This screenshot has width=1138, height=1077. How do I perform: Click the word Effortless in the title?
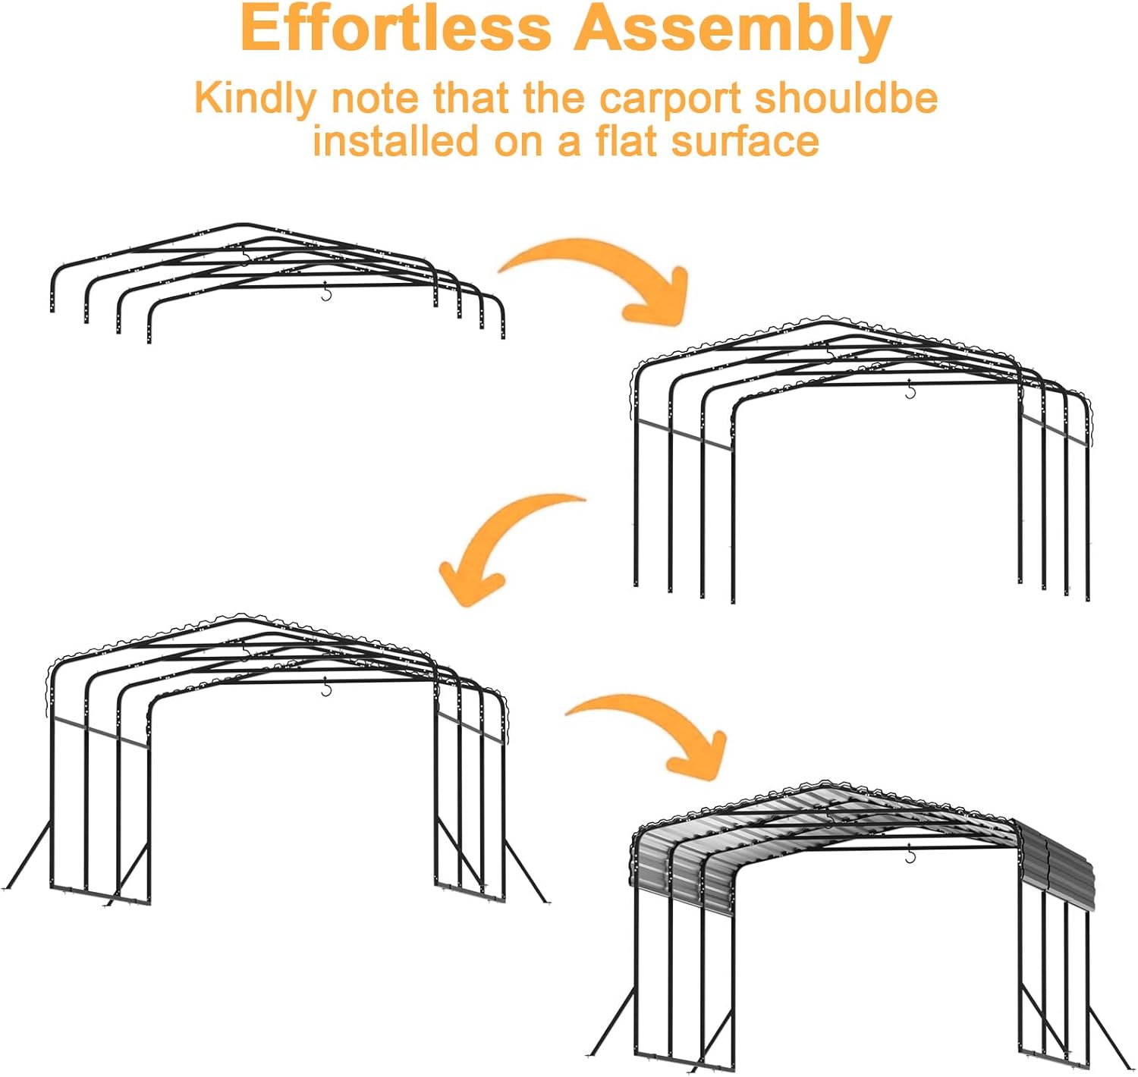coord(395,28)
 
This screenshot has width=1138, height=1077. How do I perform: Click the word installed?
coord(396,141)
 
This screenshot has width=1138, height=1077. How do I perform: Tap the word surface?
coord(746,141)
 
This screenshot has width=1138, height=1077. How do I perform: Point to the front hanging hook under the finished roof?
coord(911,853)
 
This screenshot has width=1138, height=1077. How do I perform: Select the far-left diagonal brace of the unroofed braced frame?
coord(27,856)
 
